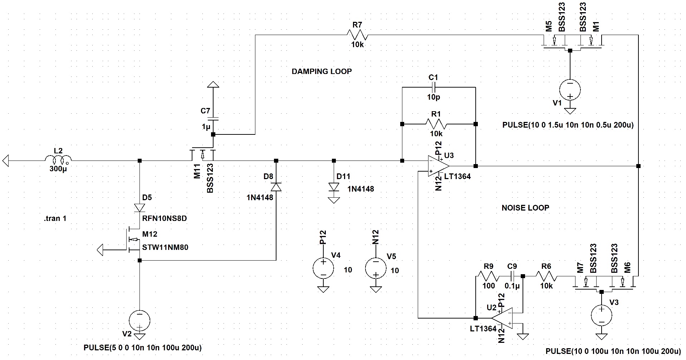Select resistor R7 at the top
357,35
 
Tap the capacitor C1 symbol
433,87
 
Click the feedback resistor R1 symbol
436,124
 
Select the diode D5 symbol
140,208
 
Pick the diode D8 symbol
276,187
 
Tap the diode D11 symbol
334,187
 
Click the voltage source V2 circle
139,320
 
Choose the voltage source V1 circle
570,89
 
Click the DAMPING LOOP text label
322,71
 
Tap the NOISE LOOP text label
525,208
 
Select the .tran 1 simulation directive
54,218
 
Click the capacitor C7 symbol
213,118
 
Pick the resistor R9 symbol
489,276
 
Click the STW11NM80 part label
165,247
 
